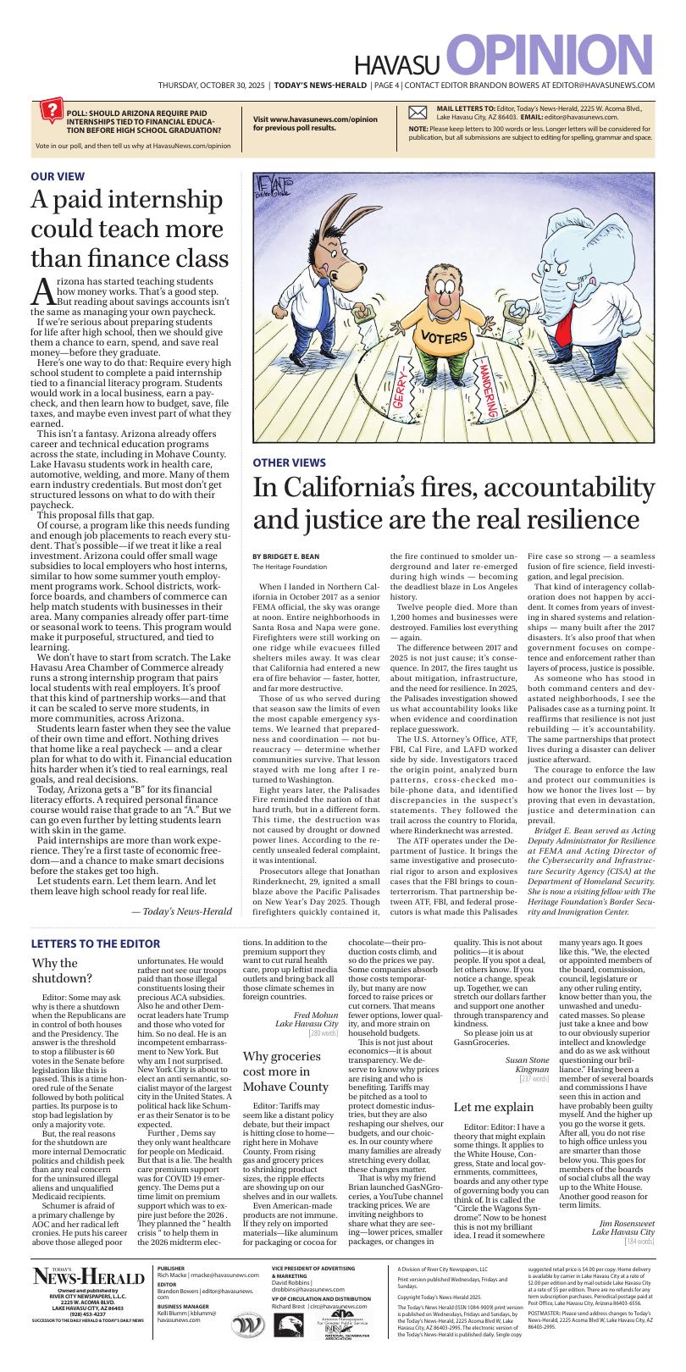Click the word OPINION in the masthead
(x=550, y=57)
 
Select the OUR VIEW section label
(x=58, y=176)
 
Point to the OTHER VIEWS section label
(x=289, y=462)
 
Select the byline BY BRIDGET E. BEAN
(x=285, y=556)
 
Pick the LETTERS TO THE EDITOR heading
(x=96, y=943)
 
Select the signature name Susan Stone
(x=527, y=1059)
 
